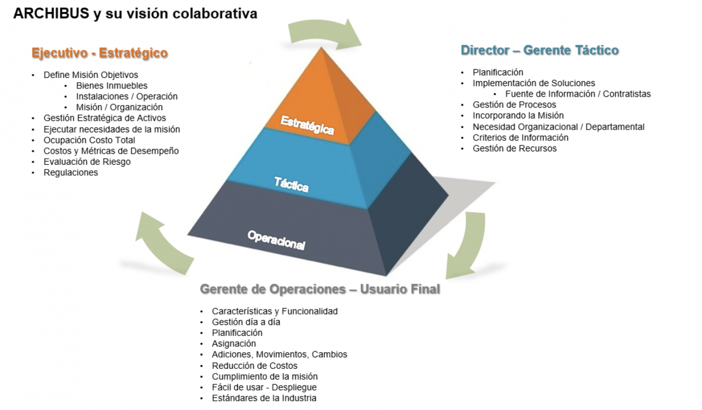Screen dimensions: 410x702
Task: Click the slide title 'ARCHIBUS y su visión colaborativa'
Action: coord(135,14)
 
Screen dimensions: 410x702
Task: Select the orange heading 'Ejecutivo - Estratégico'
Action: coord(99,53)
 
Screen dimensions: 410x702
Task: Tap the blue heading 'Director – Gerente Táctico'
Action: coord(540,50)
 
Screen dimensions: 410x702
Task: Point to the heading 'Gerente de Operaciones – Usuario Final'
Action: coord(320,289)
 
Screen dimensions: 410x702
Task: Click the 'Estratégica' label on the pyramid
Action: coord(307,125)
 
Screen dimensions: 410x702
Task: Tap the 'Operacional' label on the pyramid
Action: coord(276,240)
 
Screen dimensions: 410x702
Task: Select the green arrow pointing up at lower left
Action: coord(162,241)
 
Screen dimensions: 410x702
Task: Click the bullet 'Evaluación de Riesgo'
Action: coord(87,162)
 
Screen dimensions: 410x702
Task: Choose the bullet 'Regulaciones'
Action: coord(71,172)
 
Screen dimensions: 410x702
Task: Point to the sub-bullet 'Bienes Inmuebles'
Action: coord(112,86)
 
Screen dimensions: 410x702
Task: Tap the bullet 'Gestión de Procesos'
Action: coord(514,105)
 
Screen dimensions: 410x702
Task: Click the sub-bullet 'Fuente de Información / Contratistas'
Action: coord(578,94)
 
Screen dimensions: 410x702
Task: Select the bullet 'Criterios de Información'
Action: coord(520,138)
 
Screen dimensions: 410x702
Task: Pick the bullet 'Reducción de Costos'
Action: coord(254,366)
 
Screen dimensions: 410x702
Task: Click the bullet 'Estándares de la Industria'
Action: coord(264,398)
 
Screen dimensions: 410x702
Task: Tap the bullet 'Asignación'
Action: coord(234,344)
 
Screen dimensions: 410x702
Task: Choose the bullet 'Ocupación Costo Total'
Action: coord(89,140)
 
